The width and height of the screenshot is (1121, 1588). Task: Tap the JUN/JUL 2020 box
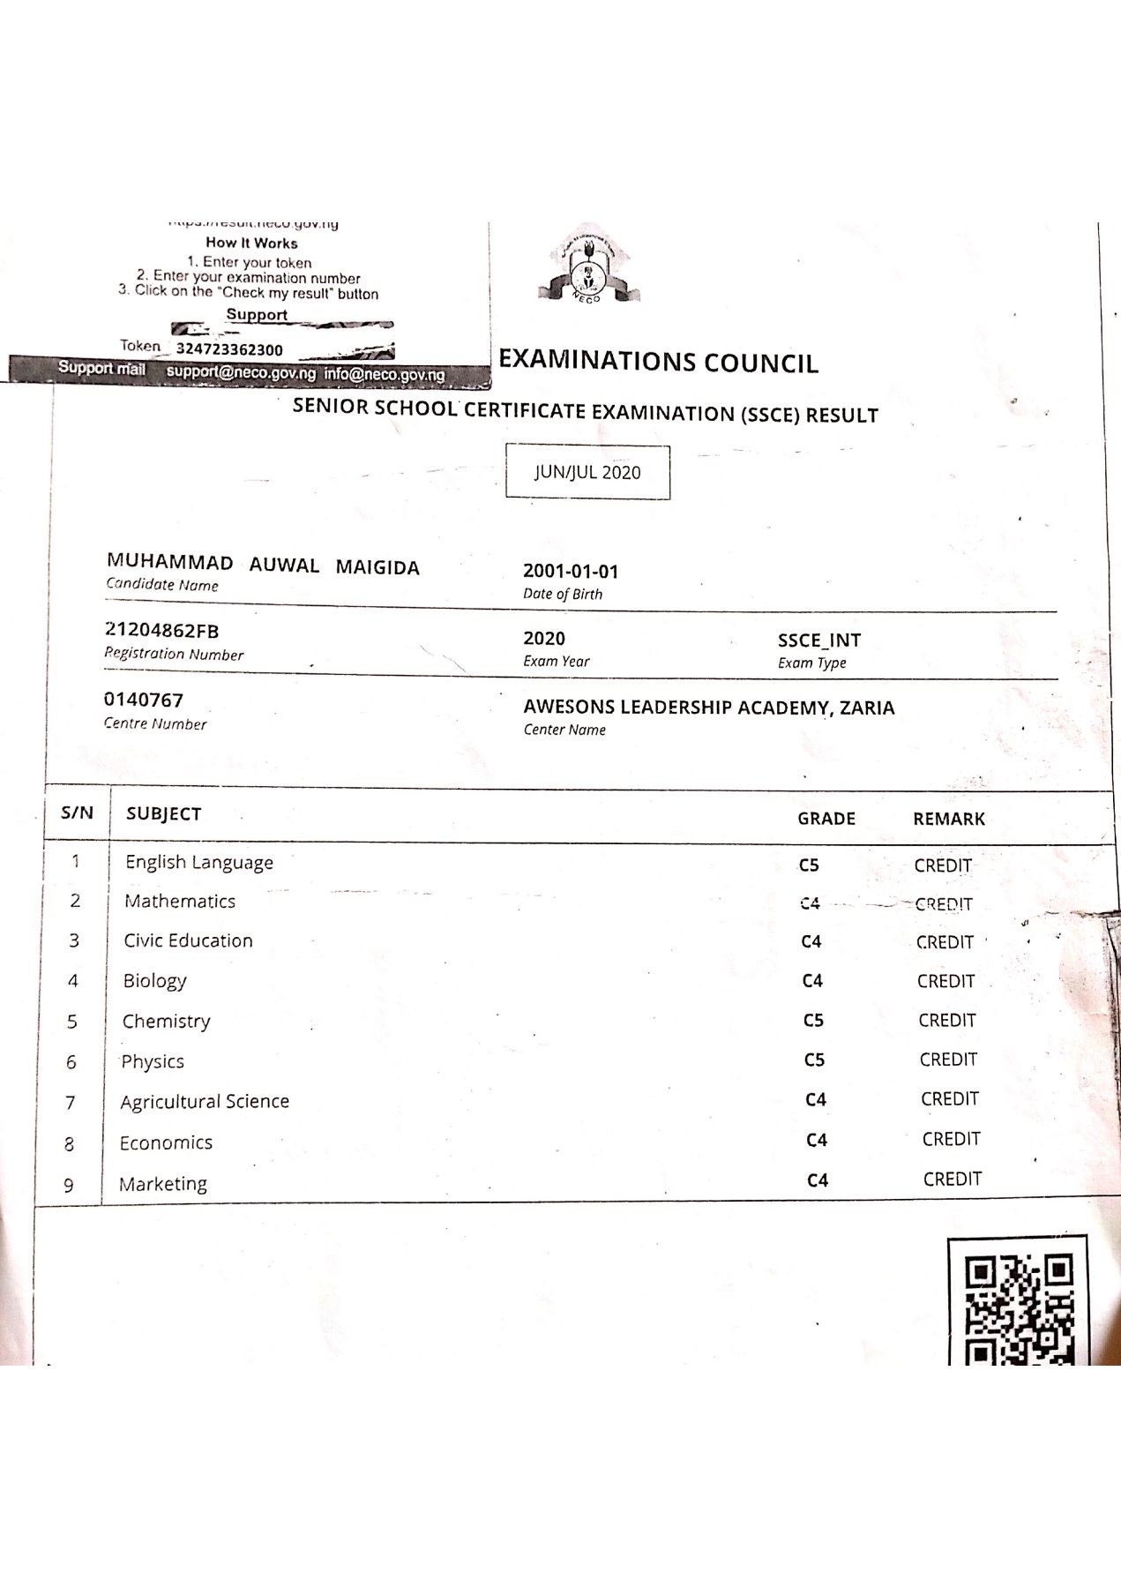(587, 472)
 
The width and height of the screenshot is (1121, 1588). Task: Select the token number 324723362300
(229, 349)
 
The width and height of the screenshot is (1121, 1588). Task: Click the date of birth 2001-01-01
(571, 571)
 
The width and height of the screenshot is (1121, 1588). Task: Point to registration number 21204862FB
(161, 631)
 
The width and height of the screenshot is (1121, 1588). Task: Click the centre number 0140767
(144, 700)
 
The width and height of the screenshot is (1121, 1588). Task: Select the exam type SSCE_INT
(818, 640)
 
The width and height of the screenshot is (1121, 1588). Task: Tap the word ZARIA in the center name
(866, 708)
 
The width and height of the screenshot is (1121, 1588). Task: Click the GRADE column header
(826, 819)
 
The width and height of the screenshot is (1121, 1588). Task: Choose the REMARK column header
(948, 819)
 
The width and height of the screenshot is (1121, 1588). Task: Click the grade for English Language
(810, 865)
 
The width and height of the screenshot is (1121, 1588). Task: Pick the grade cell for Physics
(814, 1060)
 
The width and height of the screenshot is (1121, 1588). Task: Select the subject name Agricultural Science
(205, 1102)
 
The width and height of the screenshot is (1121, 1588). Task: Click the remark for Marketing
(952, 1180)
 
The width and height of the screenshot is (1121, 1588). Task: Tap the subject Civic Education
(188, 941)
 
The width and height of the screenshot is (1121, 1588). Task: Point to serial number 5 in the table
(72, 1022)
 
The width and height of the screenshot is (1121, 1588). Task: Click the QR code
(1017, 1302)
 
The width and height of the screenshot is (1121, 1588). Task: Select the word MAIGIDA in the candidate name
(377, 567)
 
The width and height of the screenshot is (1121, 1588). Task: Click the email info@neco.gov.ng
(384, 374)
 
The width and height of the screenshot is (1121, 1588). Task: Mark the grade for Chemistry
(813, 1021)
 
